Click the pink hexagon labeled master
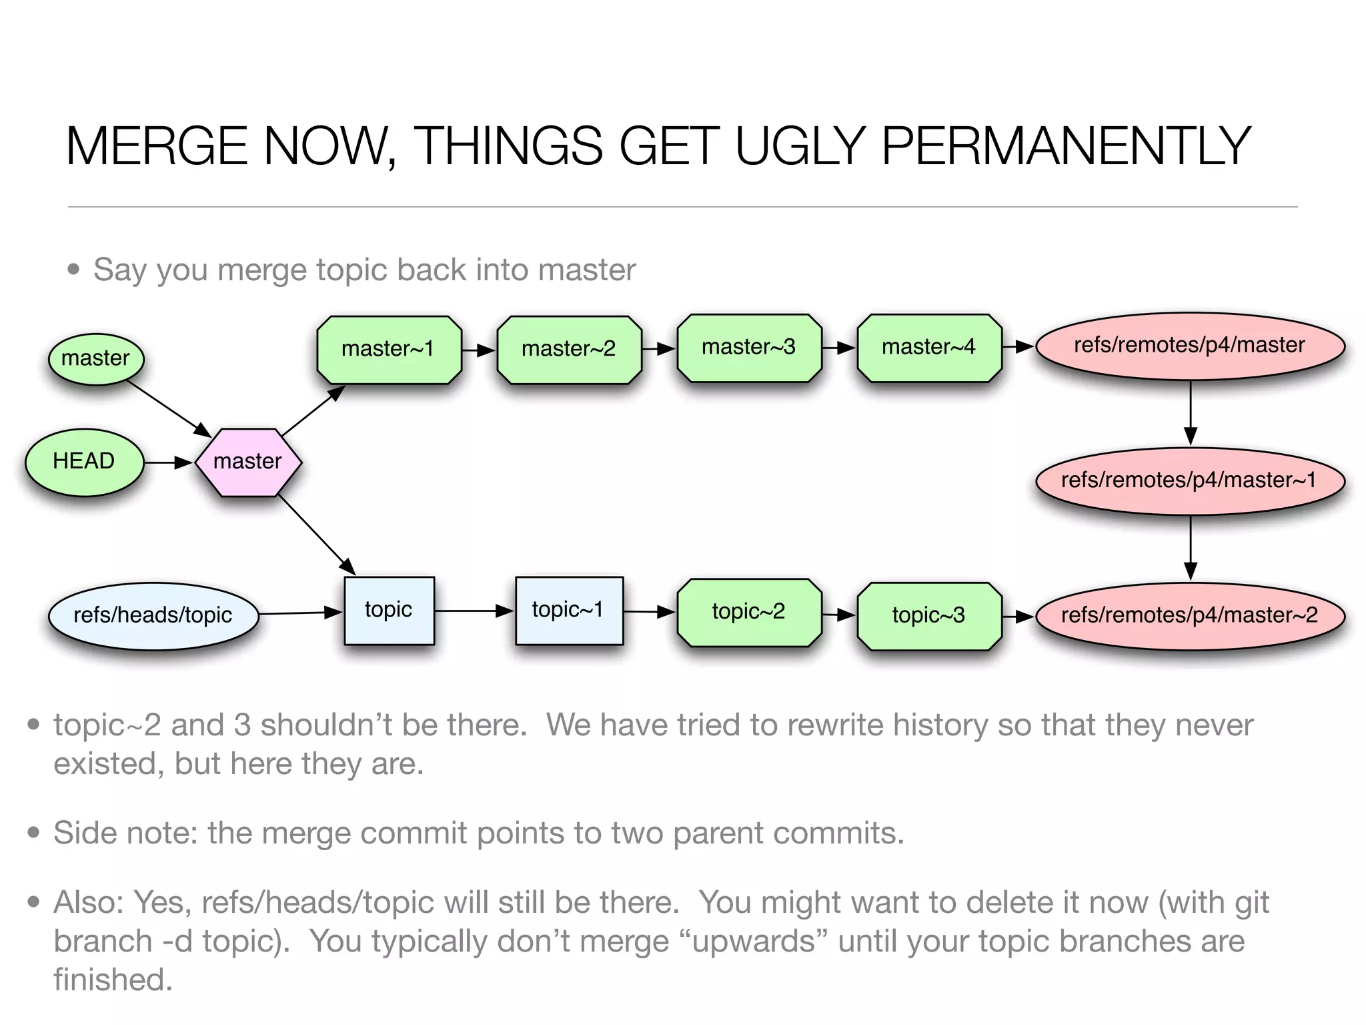coord(248,462)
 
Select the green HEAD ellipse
coord(84,462)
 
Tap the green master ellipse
coord(96,358)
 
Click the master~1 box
coord(389,349)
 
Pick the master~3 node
coord(749,348)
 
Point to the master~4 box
coord(929,348)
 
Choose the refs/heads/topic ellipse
coord(153,615)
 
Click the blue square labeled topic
coord(389,610)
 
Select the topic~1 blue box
coord(569,610)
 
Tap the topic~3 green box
coord(929,615)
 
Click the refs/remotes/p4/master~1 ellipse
coord(1190,480)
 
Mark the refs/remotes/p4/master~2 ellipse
coord(1190,615)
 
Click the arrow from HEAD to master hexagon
coord(168,462)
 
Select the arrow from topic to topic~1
coord(474,611)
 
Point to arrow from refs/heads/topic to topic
coord(300,613)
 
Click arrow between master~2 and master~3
coord(659,348)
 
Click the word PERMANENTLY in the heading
coord(1065,147)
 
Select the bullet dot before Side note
coord(34,832)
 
